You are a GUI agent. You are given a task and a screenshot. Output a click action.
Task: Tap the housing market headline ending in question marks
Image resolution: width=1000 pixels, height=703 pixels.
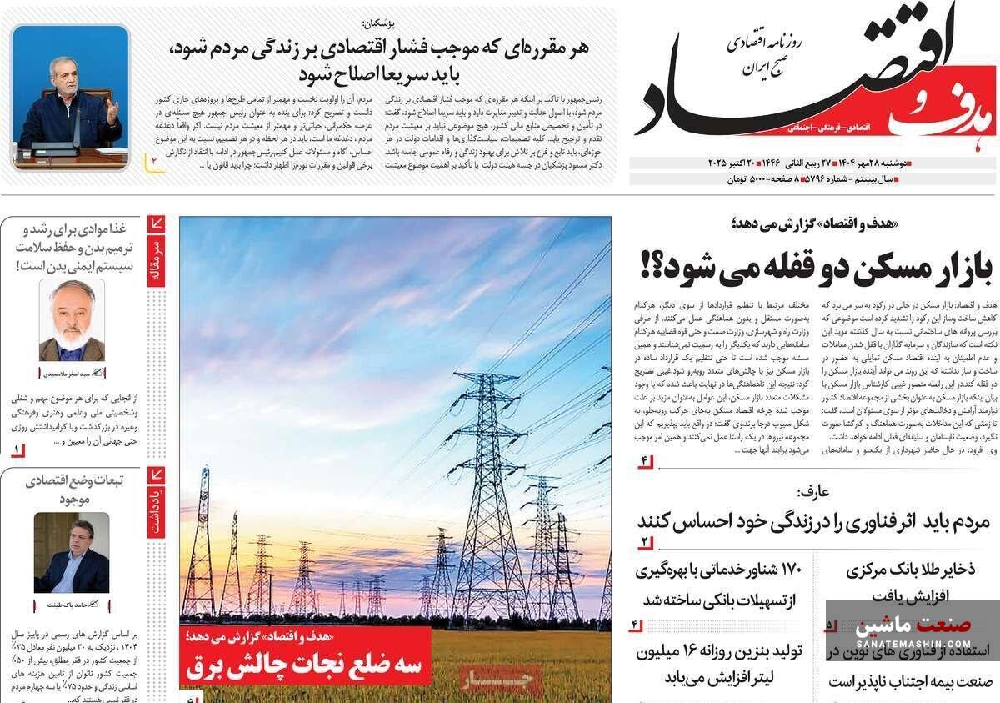[817, 266]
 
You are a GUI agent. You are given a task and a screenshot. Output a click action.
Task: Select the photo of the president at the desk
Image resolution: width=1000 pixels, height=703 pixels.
[71, 98]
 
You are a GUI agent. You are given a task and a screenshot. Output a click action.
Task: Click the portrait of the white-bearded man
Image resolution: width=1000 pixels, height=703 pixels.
[72, 320]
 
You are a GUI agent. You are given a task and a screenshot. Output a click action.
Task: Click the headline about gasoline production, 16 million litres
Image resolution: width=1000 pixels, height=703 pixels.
[719, 664]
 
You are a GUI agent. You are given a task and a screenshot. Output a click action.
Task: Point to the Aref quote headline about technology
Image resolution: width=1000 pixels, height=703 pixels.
[813, 522]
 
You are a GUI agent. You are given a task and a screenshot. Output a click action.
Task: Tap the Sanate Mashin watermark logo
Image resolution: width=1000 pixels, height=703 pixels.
[912, 631]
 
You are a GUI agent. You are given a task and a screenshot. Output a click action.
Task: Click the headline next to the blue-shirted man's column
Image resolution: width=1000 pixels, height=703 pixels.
[79, 490]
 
